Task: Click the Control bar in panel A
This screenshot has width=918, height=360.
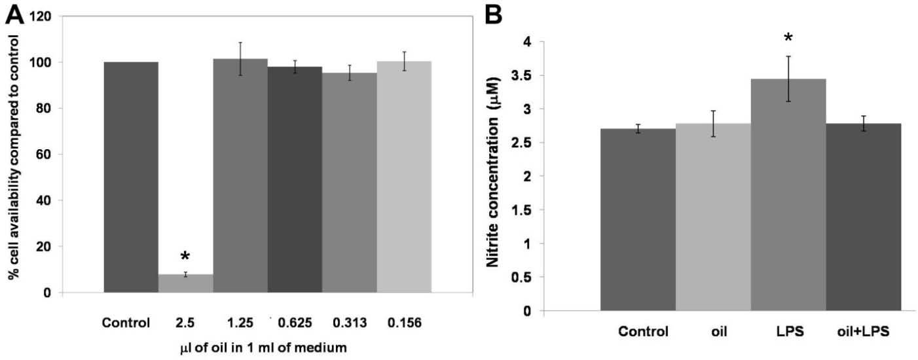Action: pos(132,177)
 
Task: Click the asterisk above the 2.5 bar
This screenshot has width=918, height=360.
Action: pos(185,256)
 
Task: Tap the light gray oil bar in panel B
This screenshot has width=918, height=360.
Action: pos(713,217)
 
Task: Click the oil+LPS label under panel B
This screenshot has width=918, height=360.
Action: pos(864,331)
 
